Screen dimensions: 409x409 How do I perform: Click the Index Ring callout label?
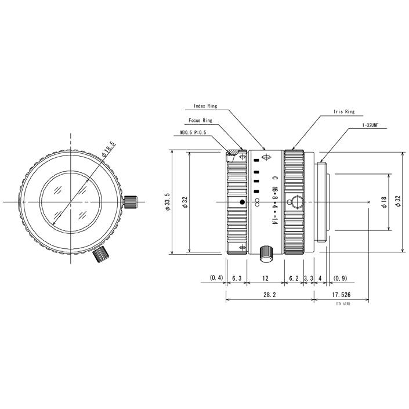pos(206,106)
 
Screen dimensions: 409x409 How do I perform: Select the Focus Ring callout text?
pos(200,121)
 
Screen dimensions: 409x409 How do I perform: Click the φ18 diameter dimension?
pos(383,203)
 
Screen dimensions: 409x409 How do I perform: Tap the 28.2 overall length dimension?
pos(269,295)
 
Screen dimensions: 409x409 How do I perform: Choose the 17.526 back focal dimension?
pos(341,295)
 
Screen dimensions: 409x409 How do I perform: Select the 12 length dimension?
pos(265,278)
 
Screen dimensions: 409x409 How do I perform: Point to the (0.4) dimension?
pos(216,278)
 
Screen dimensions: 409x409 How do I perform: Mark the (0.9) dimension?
pos(341,278)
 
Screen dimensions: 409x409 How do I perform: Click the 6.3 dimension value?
pos(237,278)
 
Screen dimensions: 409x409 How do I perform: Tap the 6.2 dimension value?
pos(294,278)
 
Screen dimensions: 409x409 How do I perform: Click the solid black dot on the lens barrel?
pos(242,202)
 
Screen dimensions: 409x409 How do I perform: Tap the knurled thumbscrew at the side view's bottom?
pos(265,252)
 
